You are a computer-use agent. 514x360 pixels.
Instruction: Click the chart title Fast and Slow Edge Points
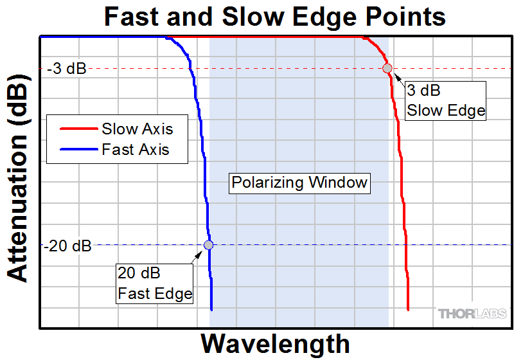(274, 16)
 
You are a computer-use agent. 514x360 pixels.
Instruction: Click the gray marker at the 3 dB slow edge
(387, 68)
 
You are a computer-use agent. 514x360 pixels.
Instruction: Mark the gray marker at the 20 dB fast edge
(208, 244)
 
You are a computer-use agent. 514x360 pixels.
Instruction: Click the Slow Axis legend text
(137, 129)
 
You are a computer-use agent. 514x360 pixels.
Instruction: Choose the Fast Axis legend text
(135, 150)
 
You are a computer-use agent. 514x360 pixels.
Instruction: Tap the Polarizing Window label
(299, 183)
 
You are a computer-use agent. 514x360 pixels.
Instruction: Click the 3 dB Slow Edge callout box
(445, 100)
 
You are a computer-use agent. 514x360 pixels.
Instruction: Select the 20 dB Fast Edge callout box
(155, 283)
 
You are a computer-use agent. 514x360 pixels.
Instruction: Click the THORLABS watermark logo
(472, 314)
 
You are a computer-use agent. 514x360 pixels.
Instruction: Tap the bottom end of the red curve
(408, 310)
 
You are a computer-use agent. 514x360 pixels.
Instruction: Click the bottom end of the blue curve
(211, 310)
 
